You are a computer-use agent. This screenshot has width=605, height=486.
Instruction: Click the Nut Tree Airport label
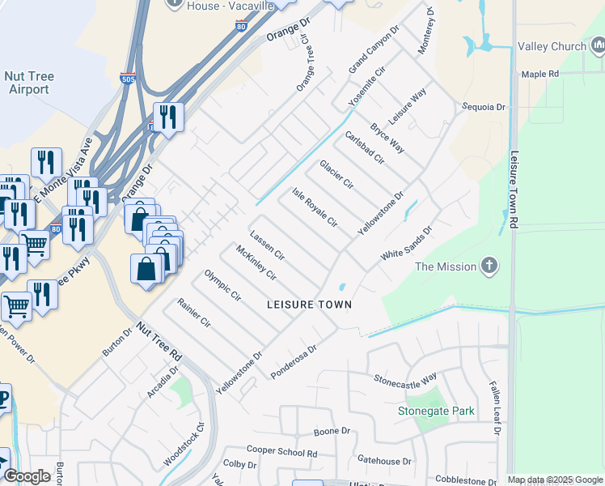(x=30, y=83)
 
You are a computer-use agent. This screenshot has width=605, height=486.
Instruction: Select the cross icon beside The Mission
(x=489, y=266)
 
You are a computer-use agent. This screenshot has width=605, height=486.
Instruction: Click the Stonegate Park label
(x=436, y=411)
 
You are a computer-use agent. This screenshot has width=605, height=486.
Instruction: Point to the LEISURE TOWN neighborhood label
(x=311, y=305)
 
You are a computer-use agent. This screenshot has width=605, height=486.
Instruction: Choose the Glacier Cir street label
(x=336, y=174)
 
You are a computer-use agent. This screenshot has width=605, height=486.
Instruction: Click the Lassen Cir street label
(x=267, y=245)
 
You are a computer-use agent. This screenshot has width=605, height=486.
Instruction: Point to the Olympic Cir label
(x=222, y=284)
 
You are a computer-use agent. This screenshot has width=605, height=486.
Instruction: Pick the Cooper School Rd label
(x=281, y=450)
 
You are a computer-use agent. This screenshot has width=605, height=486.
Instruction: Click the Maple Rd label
(x=540, y=74)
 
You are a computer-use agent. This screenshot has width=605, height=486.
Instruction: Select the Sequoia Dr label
(x=483, y=106)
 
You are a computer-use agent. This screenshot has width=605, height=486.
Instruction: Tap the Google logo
(x=27, y=476)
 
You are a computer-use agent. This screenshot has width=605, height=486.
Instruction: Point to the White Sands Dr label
(x=407, y=242)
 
